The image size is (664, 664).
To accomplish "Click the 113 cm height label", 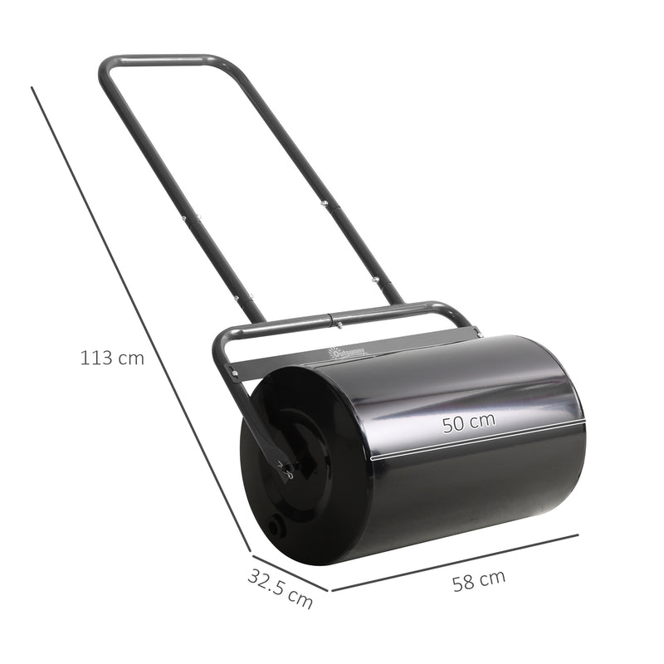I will click(x=112, y=359).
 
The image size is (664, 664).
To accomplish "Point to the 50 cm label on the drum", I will click(x=468, y=422).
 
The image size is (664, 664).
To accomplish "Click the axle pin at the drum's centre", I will click(x=287, y=471).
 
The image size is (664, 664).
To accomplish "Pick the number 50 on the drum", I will click(x=453, y=425).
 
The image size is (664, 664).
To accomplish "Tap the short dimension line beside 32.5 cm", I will click(x=290, y=570).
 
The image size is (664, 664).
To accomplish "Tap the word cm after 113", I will click(x=130, y=359).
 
